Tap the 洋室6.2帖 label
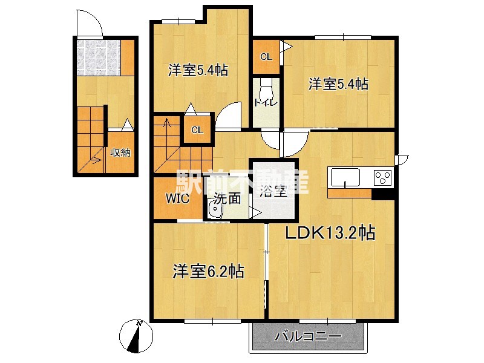(x=208, y=271)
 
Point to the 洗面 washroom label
(x=227, y=198)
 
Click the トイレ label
(x=266, y=103)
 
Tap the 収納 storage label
(x=120, y=152)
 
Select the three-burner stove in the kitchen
(x=382, y=178)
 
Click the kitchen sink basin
(x=345, y=178)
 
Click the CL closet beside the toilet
(x=266, y=57)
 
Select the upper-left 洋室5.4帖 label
(x=198, y=71)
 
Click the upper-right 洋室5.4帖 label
(x=338, y=85)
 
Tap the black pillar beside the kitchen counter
(x=383, y=194)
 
